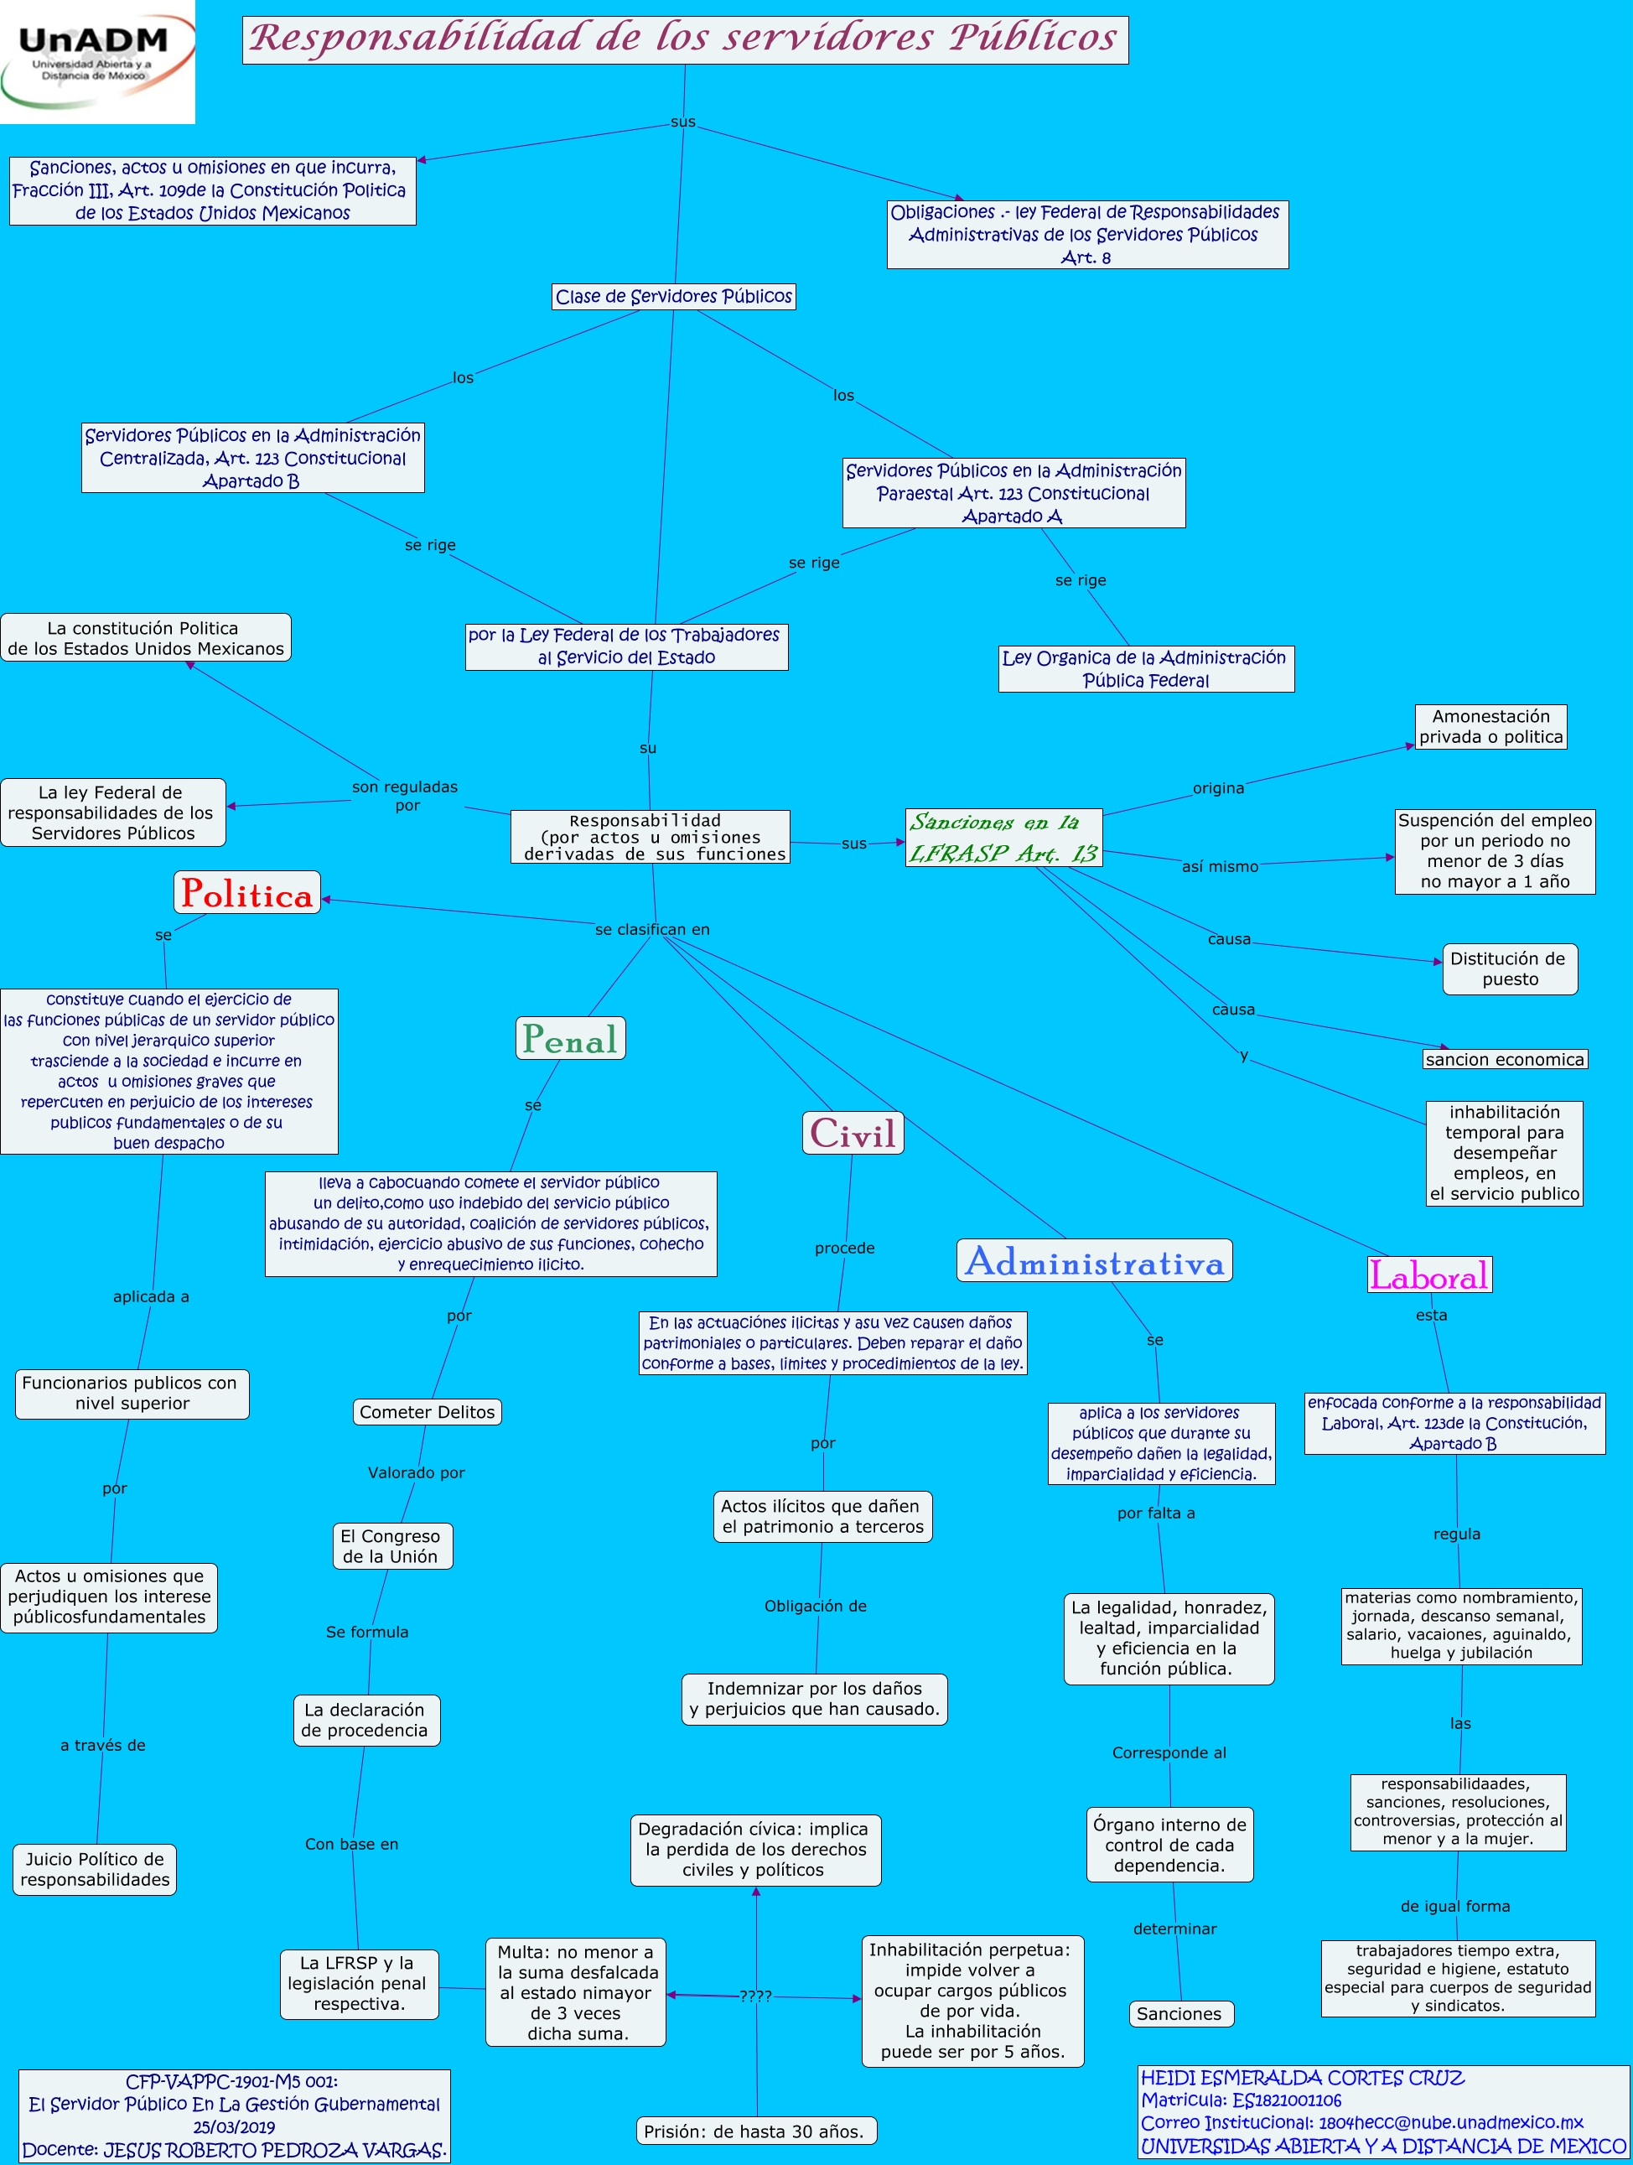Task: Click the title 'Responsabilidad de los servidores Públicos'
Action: tap(685, 39)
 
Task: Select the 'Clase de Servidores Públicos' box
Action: tap(673, 297)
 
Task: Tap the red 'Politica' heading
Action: tap(247, 894)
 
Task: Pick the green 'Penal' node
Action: tap(570, 1038)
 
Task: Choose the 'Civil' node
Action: tap(853, 1134)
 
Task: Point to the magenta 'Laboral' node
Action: tap(1429, 1275)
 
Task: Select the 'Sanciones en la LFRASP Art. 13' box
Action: tap(1004, 838)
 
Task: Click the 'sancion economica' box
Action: tap(1504, 1059)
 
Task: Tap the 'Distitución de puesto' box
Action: tap(1509, 969)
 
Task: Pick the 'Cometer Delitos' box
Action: tap(427, 1412)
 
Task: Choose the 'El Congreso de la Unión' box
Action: tap(391, 1546)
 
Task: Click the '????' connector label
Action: tap(755, 1996)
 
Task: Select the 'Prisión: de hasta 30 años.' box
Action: tap(754, 2131)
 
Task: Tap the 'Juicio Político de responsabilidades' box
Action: tap(95, 1869)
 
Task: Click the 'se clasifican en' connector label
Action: tap(651, 930)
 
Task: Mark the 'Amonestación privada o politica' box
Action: tap(1490, 727)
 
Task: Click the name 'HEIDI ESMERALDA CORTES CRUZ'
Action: tap(1302, 2078)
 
